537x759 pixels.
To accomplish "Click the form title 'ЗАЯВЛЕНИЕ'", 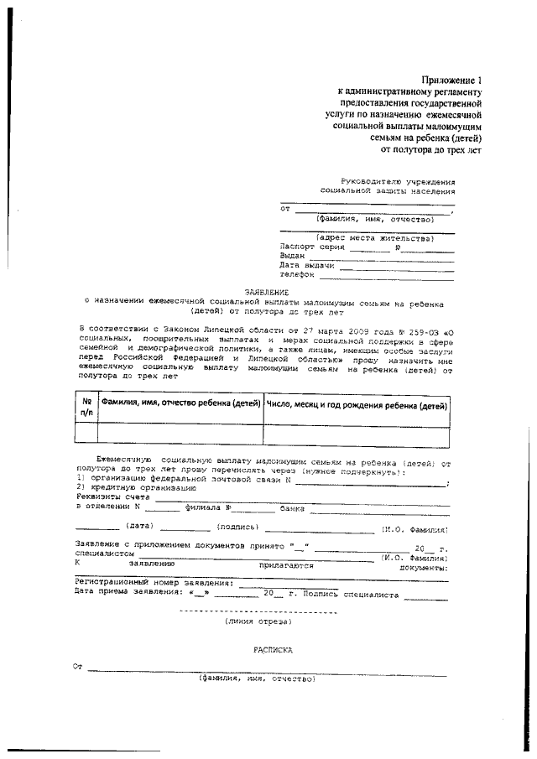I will [266, 292].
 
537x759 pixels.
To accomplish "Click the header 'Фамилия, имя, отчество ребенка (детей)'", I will [180, 404].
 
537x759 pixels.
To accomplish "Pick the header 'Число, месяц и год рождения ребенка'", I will [356, 404].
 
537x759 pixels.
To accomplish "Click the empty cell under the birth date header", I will [356, 433].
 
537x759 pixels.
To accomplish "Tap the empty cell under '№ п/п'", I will [86, 433].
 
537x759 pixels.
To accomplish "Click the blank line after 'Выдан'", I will [382, 257].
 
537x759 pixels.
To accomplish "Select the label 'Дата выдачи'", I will [308, 266].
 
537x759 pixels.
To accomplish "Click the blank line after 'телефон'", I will [386, 275].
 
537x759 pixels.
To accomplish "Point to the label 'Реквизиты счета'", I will [109, 496].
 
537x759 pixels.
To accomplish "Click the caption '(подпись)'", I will [238, 527].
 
